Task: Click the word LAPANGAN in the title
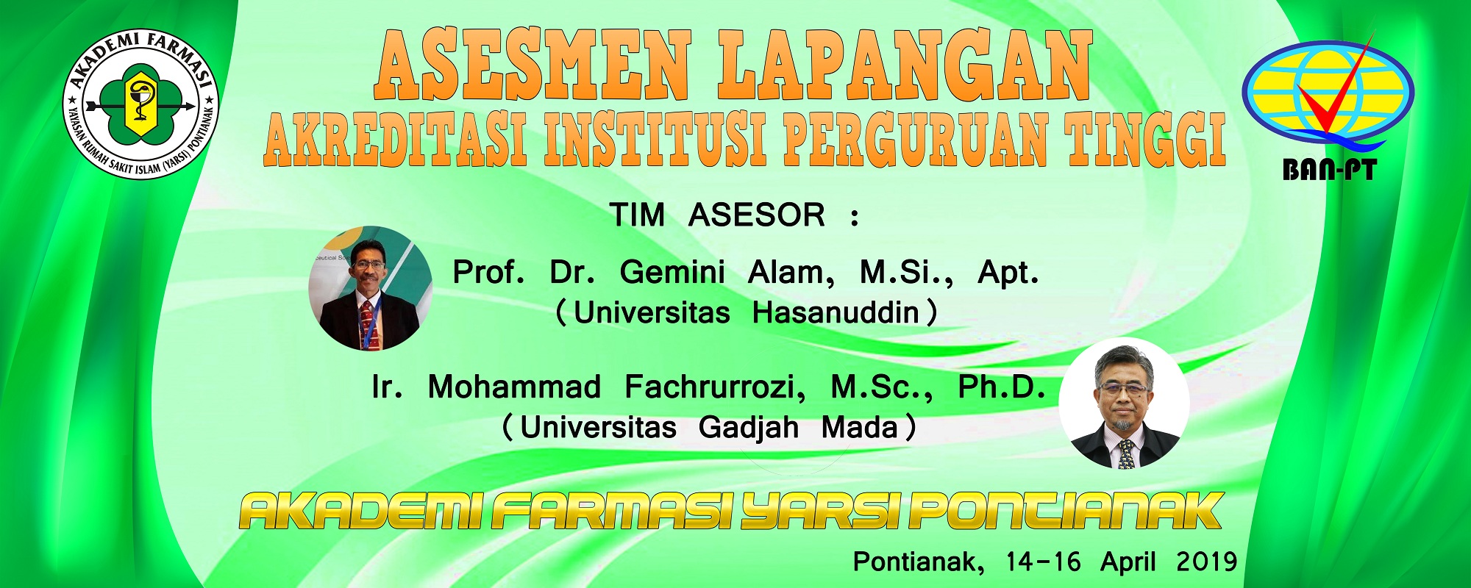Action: (905, 65)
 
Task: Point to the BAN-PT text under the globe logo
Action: (1329, 171)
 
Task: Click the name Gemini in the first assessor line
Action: (672, 273)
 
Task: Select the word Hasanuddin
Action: (836, 313)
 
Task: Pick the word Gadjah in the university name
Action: (749, 428)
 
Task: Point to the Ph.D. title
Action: (1002, 387)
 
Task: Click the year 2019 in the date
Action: (1207, 562)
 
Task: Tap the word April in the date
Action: (1128, 563)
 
